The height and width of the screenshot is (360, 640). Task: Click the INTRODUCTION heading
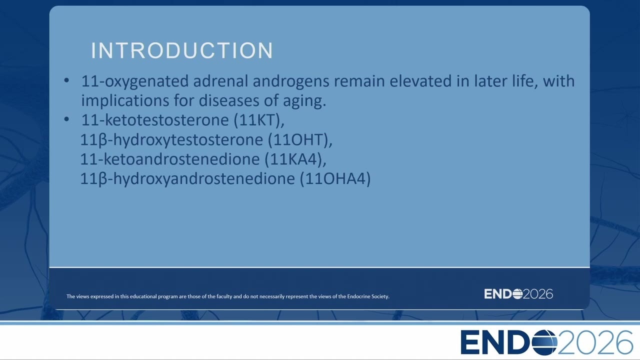[182, 50]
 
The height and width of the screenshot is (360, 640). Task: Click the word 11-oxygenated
[135, 81]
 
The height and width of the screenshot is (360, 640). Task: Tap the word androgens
[291, 81]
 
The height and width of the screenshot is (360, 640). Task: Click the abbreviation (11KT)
[259, 120]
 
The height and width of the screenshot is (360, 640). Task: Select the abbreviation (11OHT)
[300, 139]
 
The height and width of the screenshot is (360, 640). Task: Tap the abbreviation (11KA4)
[295, 159]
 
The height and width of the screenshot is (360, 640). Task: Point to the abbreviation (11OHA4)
[335, 178]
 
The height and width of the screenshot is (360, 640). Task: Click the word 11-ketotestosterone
[155, 120]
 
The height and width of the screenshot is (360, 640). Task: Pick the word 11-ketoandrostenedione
[169, 159]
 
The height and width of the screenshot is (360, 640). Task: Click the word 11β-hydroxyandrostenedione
[187, 179]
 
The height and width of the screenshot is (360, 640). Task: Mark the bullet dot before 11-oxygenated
[66, 80]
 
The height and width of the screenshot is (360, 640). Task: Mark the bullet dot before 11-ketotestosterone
[66, 119]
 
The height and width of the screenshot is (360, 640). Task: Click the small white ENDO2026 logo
[518, 294]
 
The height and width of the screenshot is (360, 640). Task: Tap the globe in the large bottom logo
[545, 342]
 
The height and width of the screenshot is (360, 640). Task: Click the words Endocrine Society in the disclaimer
[368, 296]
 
